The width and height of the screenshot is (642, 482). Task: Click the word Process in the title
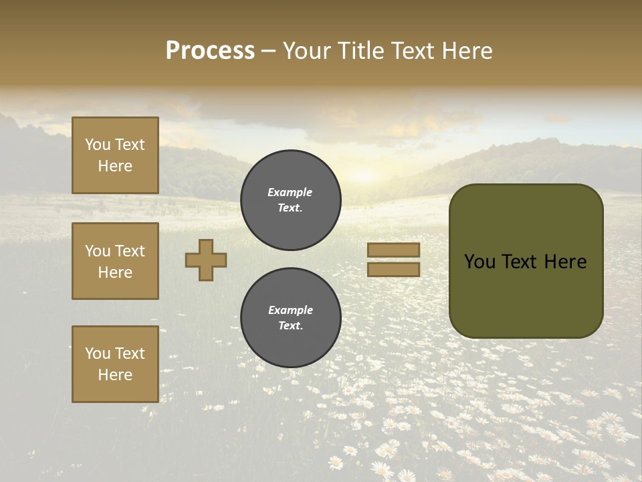coord(210,51)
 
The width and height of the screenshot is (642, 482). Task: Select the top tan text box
coord(115,155)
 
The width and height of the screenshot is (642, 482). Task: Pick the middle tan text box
coord(115,261)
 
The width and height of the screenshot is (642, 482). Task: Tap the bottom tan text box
coord(115,364)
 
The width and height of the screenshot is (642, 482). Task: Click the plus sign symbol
coord(206,260)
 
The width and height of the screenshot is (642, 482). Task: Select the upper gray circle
coord(290,200)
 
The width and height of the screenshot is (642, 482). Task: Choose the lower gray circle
coord(290,318)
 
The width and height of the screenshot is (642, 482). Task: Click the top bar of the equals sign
coord(393,250)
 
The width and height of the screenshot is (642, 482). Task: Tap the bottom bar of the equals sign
coord(393,269)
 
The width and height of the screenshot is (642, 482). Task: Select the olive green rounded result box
coord(526,261)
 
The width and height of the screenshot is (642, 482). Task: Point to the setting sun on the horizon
coord(364,176)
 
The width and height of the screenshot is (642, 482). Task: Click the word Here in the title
coord(467,51)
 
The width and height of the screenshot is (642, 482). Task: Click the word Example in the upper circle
coord(290,192)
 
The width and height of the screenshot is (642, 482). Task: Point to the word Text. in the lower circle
coord(290,326)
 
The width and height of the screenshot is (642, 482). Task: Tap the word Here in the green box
coord(565,262)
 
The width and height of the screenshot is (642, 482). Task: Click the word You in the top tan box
coord(98,145)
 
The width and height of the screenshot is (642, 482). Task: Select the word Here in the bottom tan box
coord(115,375)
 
